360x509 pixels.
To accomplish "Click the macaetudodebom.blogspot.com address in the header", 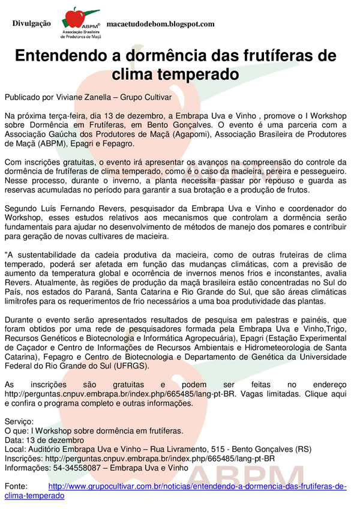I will (160, 24).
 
